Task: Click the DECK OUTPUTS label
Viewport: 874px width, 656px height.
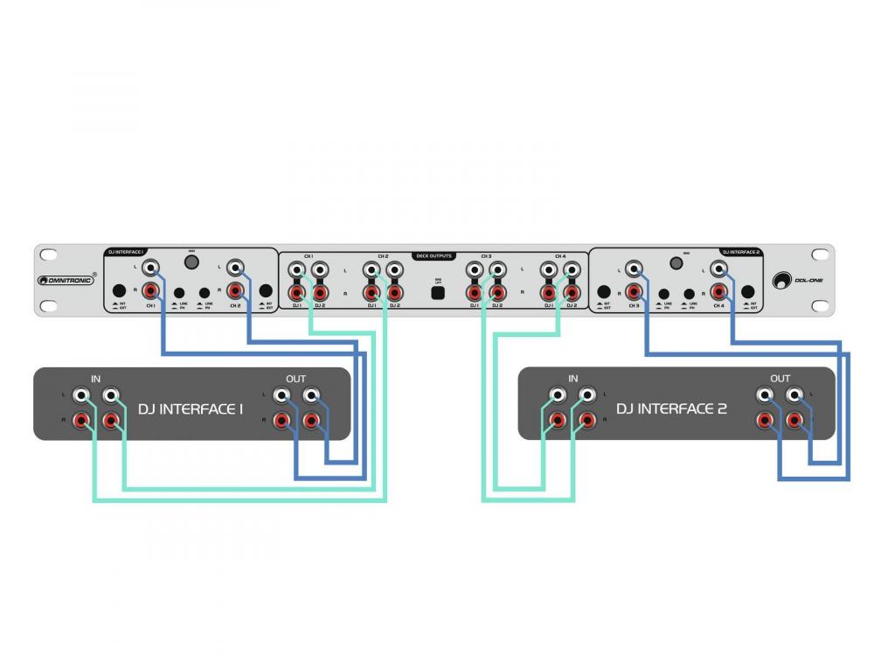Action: (434, 255)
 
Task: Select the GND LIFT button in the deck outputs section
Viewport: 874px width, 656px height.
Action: (439, 293)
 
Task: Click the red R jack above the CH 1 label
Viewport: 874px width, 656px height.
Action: (151, 290)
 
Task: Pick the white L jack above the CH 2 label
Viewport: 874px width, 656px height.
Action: (234, 267)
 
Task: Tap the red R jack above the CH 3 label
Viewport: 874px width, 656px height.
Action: (631, 290)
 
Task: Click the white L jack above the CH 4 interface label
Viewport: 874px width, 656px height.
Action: (719, 268)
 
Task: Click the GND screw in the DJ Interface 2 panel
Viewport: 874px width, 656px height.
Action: (676, 262)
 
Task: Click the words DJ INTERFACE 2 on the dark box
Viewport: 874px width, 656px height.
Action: (671, 408)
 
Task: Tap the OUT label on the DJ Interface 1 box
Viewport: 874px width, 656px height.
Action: (296, 379)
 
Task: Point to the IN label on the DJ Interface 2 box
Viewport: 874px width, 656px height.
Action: (572, 379)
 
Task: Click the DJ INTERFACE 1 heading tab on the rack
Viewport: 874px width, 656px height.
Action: (126, 252)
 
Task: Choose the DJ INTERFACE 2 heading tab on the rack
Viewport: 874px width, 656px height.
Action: (740, 252)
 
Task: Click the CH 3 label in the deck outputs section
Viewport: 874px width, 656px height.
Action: (485, 256)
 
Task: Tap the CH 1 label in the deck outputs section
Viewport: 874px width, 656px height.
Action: (308, 256)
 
